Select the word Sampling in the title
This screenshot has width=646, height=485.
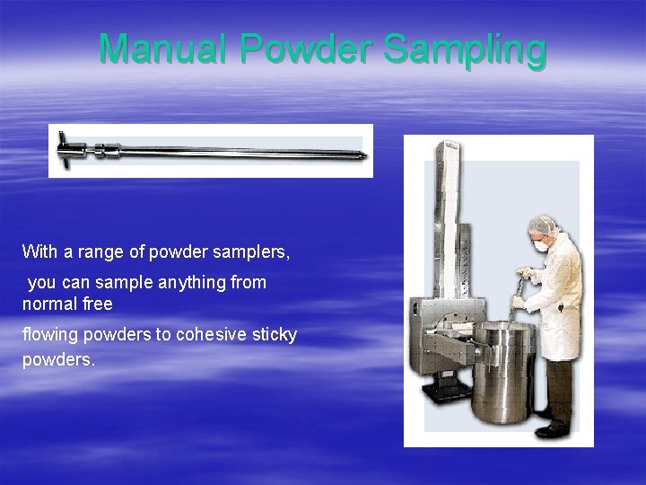(x=465, y=51)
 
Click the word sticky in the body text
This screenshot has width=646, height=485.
(x=275, y=334)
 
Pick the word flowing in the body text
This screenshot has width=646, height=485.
(x=50, y=334)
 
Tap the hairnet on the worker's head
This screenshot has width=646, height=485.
(x=542, y=224)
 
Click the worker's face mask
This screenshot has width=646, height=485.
(x=539, y=244)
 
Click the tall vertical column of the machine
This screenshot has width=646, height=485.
(x=447, y=207)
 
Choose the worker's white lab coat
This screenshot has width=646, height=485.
(x=563, y=296)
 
